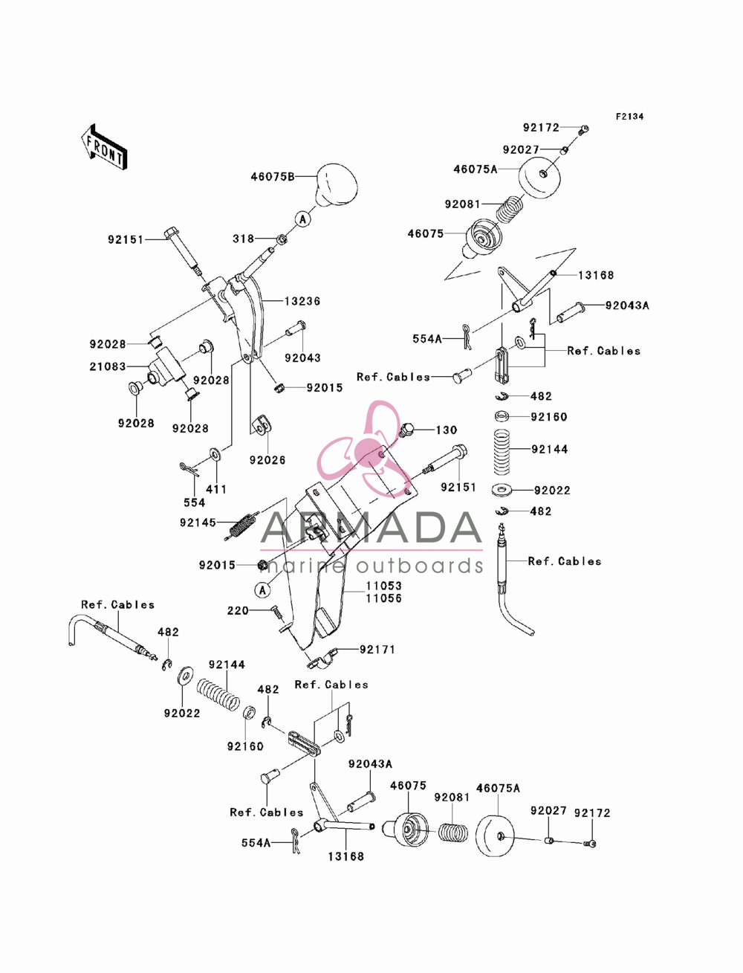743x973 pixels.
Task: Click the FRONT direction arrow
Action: coord(104,146)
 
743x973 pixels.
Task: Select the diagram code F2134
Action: coord(629,117)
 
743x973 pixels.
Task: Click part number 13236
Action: coord(302,301)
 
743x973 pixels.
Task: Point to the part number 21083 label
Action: coord(108,366)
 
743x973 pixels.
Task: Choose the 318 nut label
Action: coord(243,239)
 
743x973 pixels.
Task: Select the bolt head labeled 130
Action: coord(407,430)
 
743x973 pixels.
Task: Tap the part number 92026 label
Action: coord(267,459)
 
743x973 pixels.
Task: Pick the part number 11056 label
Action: coord(383,598)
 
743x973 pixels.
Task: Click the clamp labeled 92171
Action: coord(322,657)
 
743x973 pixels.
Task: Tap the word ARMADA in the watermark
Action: coord(371,527)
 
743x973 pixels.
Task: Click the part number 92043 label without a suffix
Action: coord(302,358)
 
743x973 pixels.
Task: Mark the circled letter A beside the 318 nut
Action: coord(303,219)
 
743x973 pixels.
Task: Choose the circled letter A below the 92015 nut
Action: coord(263,590)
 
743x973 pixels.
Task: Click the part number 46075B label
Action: coord(273,176)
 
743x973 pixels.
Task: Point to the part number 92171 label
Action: coord(377,650)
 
